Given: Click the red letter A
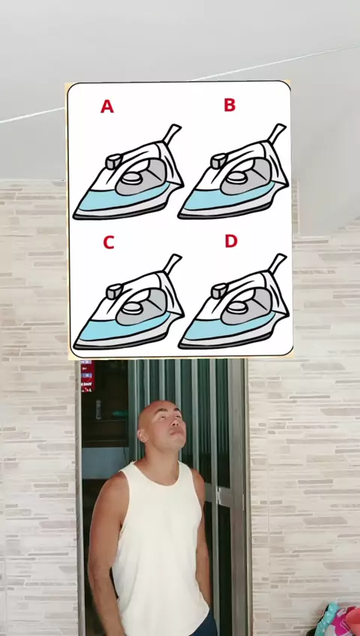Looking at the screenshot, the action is point(107,106).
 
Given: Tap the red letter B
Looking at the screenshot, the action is point(229,105).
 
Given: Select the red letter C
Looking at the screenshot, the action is point(108,242).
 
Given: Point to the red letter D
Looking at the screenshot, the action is point(231,241).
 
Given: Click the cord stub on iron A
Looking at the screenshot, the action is point(172,133).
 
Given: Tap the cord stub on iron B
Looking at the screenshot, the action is point(277,133).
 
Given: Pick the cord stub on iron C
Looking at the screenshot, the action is point(172,264).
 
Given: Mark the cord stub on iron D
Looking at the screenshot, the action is point(277,263).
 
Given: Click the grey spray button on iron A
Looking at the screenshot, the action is point(114,161).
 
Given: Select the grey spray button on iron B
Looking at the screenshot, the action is point(219,160).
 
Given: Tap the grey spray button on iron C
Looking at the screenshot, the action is point(114,291).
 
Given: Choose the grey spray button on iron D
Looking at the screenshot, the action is point(219,291).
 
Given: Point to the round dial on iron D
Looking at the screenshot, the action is point(238,307).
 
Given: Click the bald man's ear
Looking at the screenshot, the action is point(142,434).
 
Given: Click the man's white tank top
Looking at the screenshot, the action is point(160,547).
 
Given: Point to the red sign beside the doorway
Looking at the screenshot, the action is point(88,376).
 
